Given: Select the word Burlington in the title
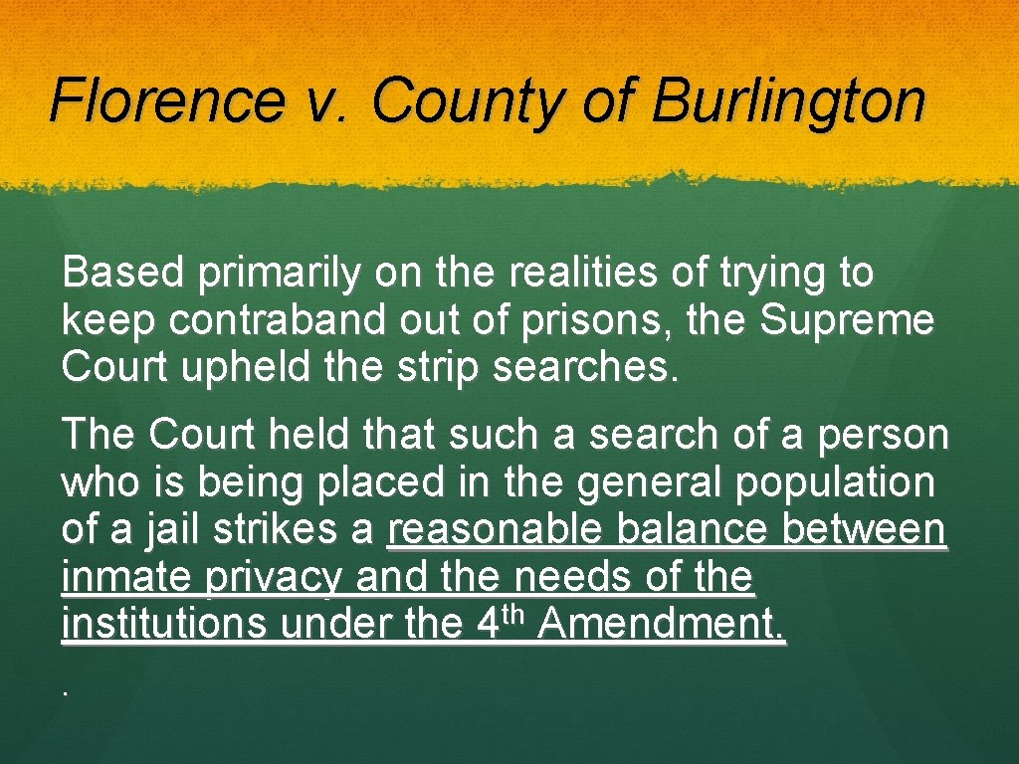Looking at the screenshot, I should click(789, 100).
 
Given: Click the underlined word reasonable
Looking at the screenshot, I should click(495, 530).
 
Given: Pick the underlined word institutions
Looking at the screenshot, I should click(164, 624).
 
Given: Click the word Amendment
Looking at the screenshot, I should click(661, 624).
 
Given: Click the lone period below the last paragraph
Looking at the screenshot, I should click(65, 689).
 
